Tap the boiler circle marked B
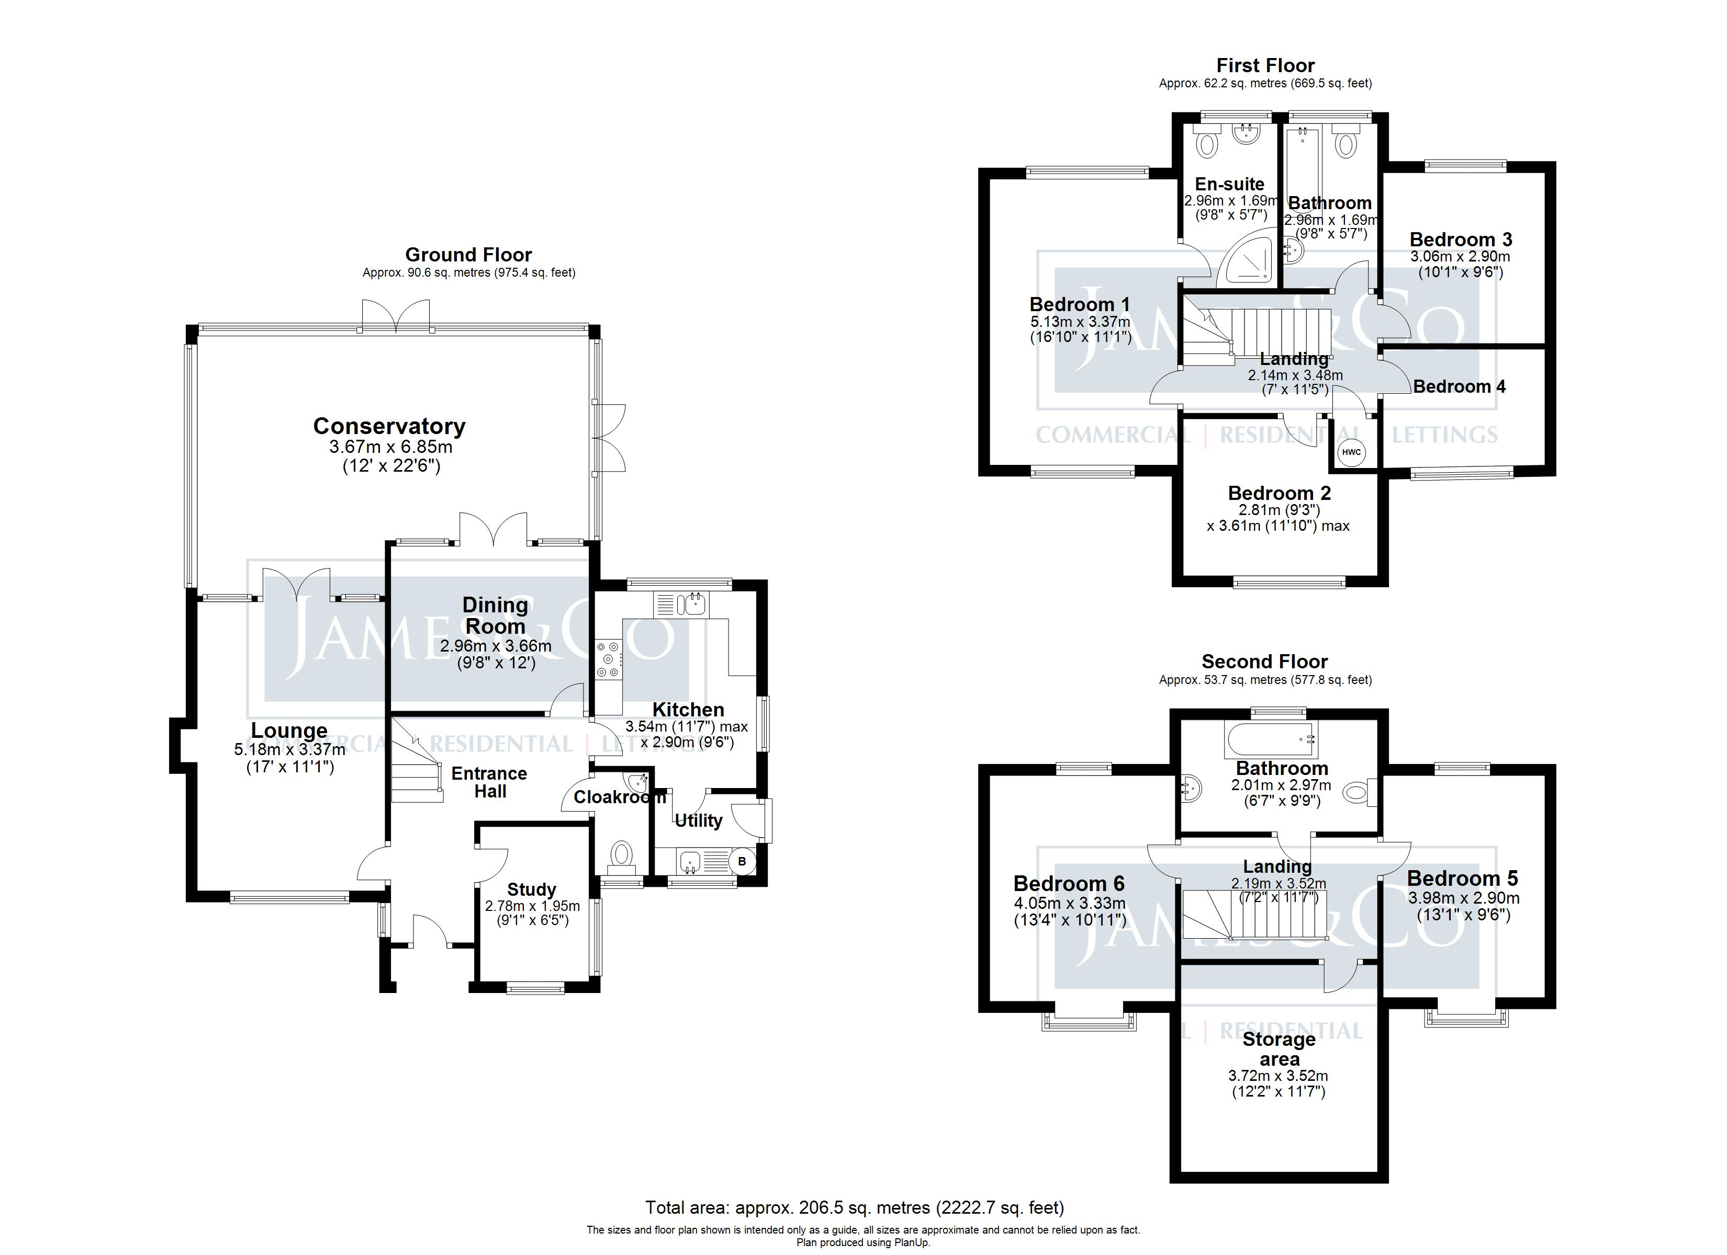(743, 862)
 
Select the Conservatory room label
(389, 426)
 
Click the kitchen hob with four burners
(609, 658)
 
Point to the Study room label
(532, 889)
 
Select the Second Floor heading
(1265, 661)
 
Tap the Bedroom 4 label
(1459, 386)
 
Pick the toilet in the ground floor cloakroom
(622, 855)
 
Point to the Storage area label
(1279, 1049)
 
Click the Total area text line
(855, 1207)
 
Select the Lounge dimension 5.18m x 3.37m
(289, 750)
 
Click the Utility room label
(698, 820)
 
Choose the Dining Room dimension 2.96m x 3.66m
(496, 646)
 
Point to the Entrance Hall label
(490, 782)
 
